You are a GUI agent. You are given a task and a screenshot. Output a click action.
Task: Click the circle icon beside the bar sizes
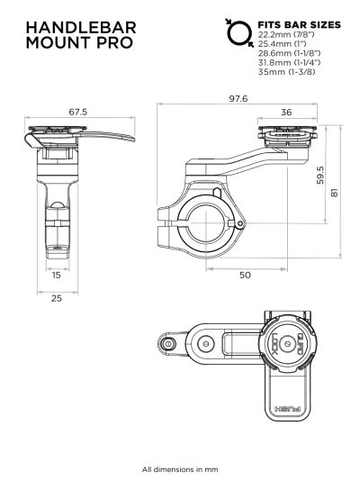238,34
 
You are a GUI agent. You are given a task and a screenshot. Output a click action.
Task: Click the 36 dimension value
286,113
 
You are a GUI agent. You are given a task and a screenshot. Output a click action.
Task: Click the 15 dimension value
56,275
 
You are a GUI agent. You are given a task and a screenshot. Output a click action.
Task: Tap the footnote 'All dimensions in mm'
179,468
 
